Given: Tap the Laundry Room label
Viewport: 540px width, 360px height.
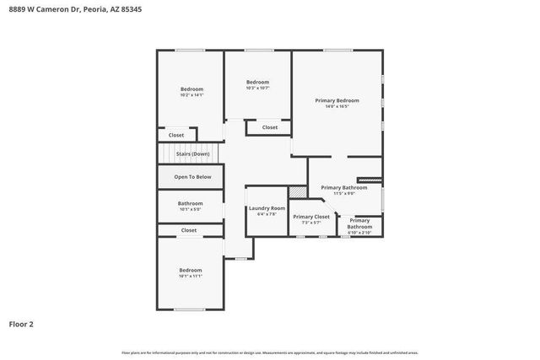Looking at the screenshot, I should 266,208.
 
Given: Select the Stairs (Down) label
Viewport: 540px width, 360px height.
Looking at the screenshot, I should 192,154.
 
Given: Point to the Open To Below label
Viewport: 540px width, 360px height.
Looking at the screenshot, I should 192,177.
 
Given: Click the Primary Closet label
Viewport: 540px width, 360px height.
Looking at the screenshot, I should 311,217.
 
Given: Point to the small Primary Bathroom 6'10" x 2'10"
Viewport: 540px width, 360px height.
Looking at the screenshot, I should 360,224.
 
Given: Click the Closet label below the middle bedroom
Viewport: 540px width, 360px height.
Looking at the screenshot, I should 269,127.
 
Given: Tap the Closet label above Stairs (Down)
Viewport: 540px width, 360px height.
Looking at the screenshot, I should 176,135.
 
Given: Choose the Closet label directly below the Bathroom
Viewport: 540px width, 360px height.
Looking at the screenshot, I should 189,230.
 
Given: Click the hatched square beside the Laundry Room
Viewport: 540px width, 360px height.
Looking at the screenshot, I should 296,192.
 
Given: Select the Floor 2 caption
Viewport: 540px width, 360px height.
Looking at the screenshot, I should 21,323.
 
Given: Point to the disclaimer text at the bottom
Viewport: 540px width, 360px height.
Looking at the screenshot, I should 270,352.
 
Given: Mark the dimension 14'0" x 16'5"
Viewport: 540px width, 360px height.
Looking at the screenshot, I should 332,106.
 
